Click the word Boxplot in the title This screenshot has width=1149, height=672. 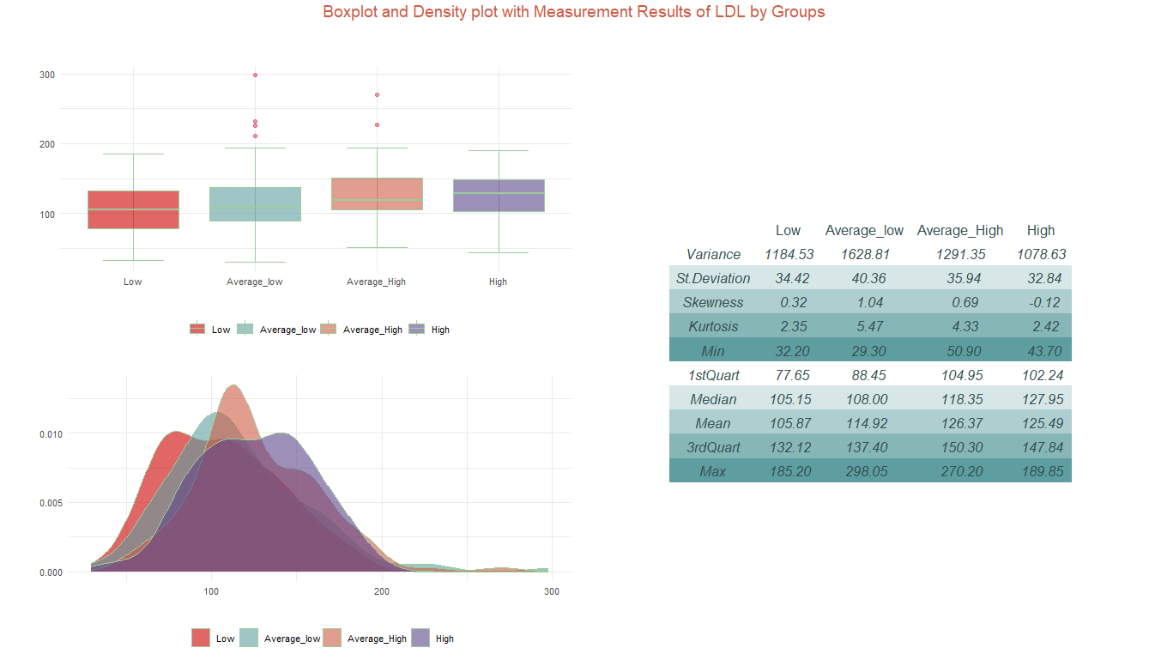[x=351, y=12]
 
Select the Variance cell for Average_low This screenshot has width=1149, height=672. [x=864, y=254]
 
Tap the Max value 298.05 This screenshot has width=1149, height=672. [x=864, y=471]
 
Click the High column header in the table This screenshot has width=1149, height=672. [x=1041, y=230]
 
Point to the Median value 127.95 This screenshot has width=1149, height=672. [x=1041, y=399]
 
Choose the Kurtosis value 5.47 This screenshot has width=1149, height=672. [x=864, y=326]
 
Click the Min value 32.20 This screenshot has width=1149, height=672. [x=789, y=351]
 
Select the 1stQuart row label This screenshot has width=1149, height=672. [x=713, y=375]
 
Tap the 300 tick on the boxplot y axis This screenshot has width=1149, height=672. [x=46, y=75]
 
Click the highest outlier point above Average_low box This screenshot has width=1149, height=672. [x=255, y=76]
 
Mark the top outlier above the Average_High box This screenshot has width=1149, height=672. [x=377, y=94]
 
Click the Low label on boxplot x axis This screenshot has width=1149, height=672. [x=133, y=282]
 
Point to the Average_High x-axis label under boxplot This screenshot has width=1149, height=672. [x=377, y=282]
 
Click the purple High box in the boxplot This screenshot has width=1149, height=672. [x=499, y=196]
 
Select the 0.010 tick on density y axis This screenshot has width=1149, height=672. [x=49, y=433]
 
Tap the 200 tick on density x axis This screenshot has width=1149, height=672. [x=382, y=591]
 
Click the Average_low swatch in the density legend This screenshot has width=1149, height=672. [x=248, y=638]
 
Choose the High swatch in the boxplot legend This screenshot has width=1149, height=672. [x=418, y=329]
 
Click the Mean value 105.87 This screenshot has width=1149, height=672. [x=789, y=423]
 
